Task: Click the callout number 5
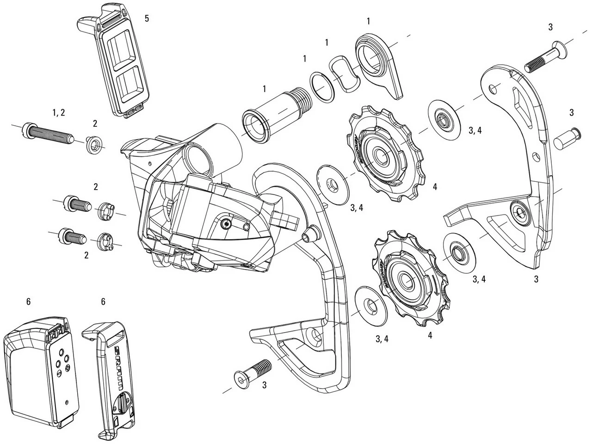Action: coord(147,18)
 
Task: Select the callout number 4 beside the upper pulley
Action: coord(435,187)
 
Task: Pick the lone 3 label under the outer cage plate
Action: coord(536,279)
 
